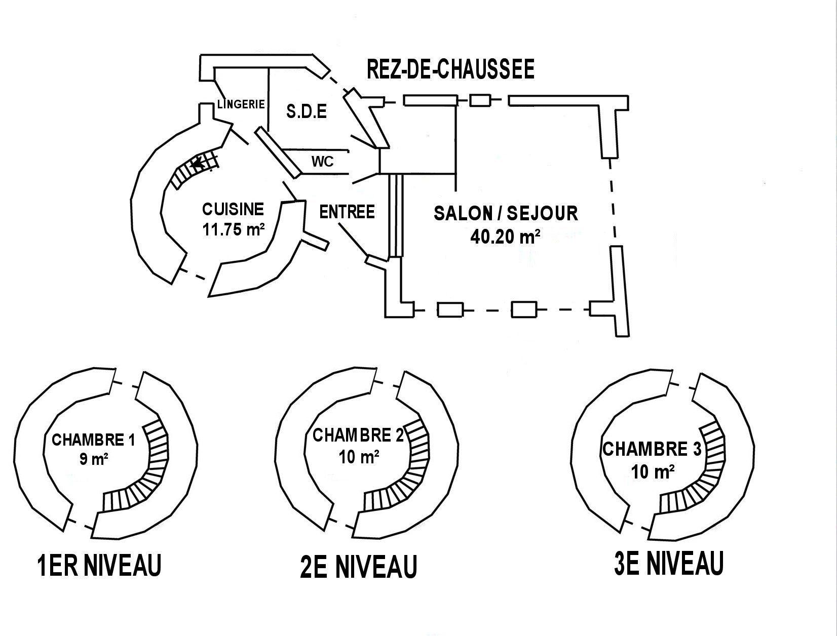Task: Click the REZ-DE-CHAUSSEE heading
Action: tap(450, 69)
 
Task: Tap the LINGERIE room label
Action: tap(241, 104)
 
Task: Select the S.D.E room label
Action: tap(307, 111)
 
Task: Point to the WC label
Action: tap(323, 162)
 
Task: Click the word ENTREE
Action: tap(347, 212)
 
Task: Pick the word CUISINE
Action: tap(233, 209)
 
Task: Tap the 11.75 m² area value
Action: tap(234, 229)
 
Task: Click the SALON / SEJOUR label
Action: tap(506, 213)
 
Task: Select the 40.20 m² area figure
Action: tap(505, 237)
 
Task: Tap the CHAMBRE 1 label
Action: tap(93, 440)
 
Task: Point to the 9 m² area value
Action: tap(94, 460)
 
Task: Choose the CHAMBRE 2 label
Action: tap(358, 435)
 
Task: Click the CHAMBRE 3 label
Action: tap(652, 449)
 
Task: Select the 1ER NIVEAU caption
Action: tap(99, 565)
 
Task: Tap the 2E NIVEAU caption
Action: tap(359, 567)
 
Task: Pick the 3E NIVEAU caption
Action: tap(669, 563)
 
